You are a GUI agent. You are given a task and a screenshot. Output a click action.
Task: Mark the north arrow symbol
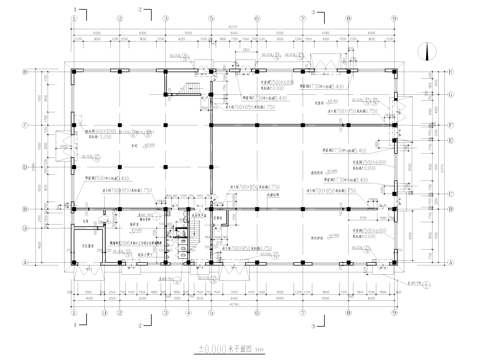tap(426, 51)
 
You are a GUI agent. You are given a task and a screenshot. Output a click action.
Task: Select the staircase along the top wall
tap(188, 88)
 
